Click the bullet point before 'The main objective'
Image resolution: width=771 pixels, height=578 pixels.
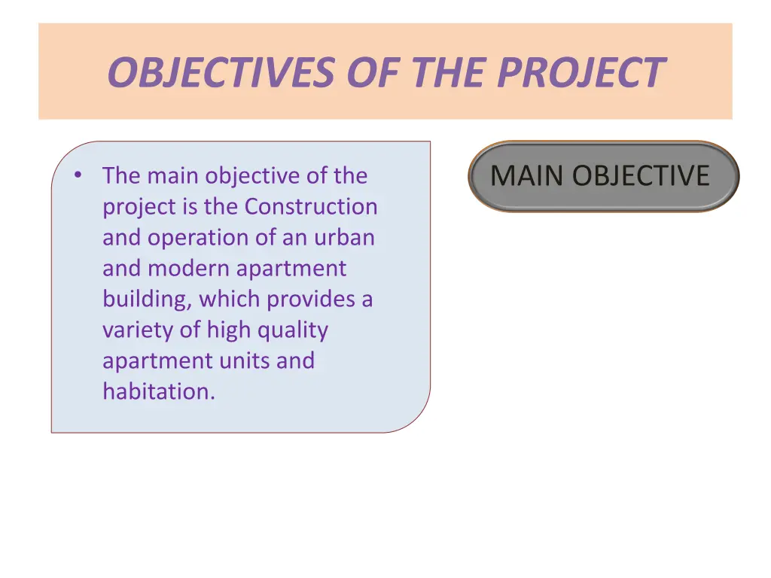78,175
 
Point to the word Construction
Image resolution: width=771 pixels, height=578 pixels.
312,206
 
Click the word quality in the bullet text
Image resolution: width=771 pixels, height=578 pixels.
293,330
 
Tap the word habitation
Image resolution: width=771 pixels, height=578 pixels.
158,391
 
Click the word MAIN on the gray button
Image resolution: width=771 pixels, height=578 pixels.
528,176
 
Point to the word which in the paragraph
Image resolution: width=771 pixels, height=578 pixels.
230,299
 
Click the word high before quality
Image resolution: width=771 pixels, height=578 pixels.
228,330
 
